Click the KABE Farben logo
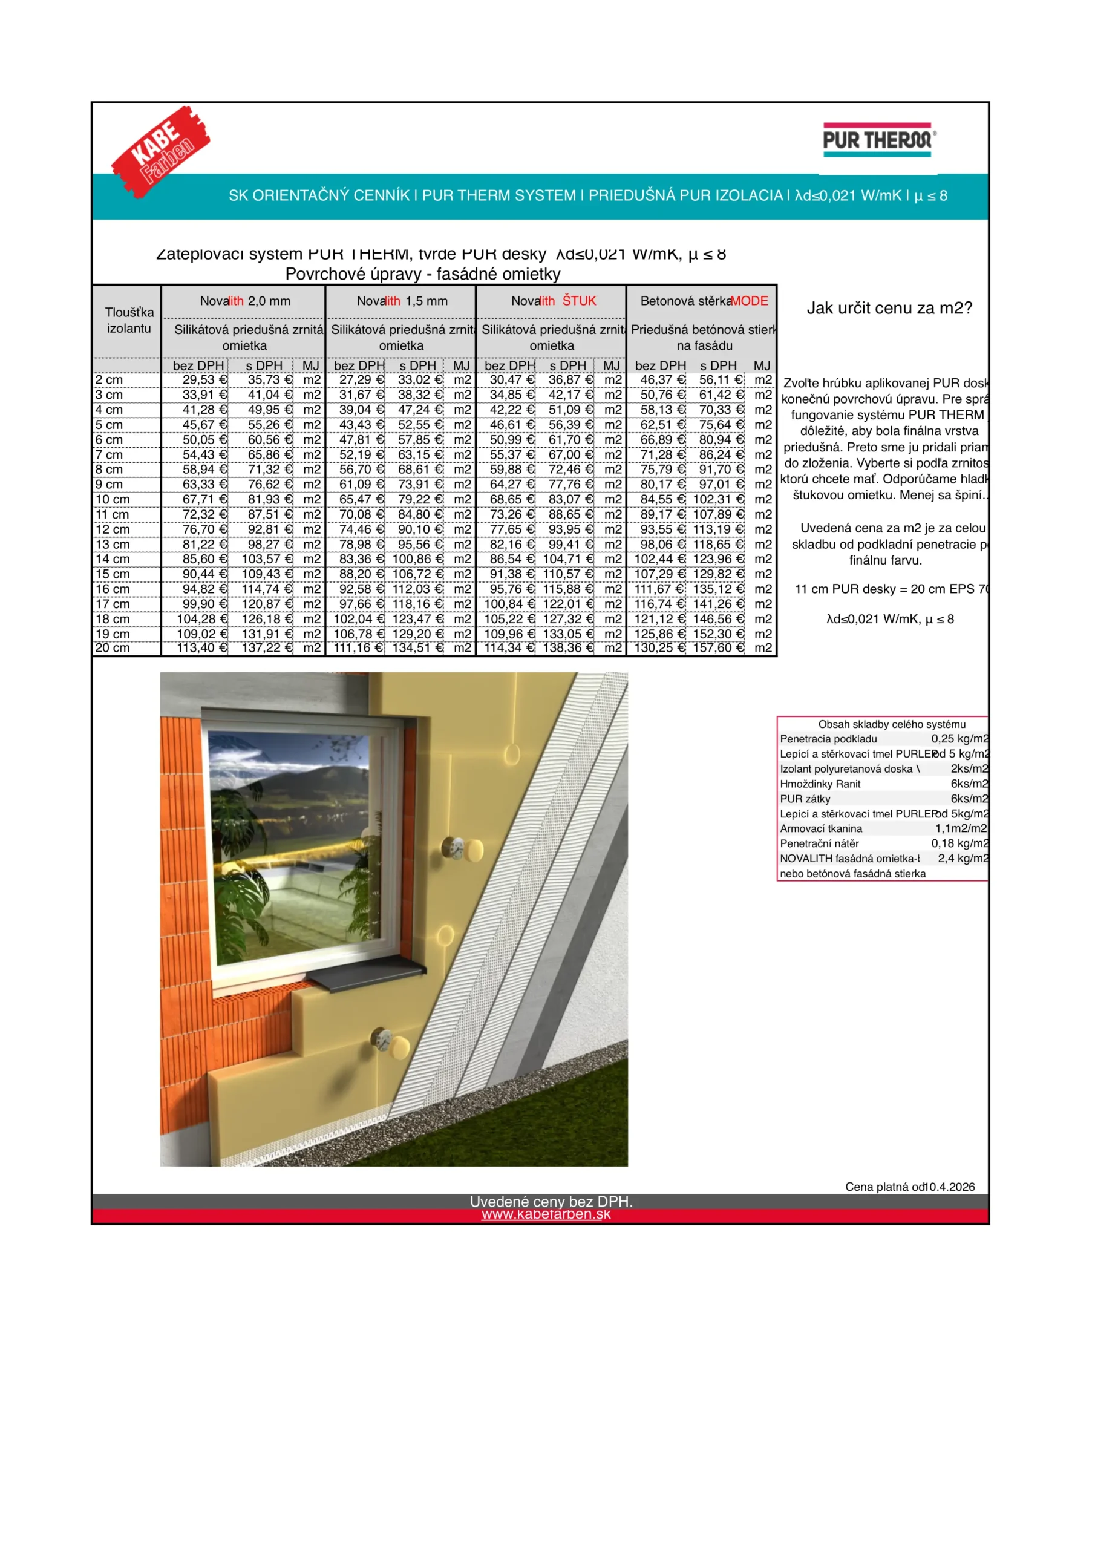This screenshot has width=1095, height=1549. [x=160, y=152]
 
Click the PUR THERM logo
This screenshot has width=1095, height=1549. [x=878, y=140]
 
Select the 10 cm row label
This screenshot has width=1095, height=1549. [x=112, y=499]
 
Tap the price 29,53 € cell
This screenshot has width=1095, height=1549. [x=204, y=380]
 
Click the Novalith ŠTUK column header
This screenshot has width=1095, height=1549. [x=552, y=301]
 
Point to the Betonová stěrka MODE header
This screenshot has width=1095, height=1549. [x=704, y=301]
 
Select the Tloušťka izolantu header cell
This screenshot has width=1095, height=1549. [x=129, y=321]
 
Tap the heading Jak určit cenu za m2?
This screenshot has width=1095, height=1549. [x=889, y=309]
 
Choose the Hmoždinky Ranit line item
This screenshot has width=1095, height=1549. [x=820, y=784]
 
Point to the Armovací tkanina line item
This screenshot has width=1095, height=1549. [x=820, y=828]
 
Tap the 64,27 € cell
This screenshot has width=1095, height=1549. [x=511, y=485]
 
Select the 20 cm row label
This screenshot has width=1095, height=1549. [x=112, y=647]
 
